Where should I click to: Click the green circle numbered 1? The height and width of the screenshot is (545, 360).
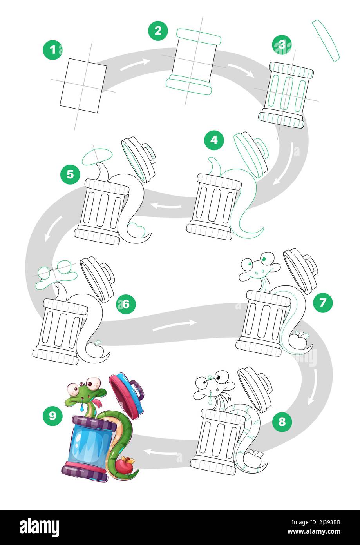[52, 50]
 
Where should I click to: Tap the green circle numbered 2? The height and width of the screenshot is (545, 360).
[158, 31]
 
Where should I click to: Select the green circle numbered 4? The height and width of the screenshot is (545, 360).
[214, 140]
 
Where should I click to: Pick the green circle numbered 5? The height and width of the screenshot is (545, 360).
[70, 174]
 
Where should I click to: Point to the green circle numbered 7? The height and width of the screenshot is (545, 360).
[322, 303]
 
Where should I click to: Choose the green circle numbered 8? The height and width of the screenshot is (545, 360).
[282, 421]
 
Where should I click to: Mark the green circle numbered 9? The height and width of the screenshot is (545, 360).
[52, 416]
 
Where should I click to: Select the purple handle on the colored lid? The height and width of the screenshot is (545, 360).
[136, 390]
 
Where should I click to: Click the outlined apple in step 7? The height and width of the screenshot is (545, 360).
[299, 339]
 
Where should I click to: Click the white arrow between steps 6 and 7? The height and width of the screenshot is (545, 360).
[175, 325]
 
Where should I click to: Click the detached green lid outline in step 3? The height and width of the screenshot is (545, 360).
[326, 40]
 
